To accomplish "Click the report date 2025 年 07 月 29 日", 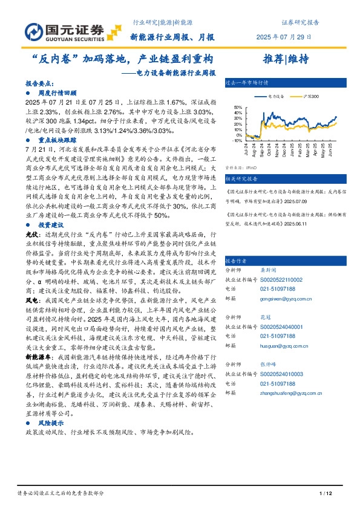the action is tap(287, 37).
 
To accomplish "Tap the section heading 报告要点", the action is tap(40, 85).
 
